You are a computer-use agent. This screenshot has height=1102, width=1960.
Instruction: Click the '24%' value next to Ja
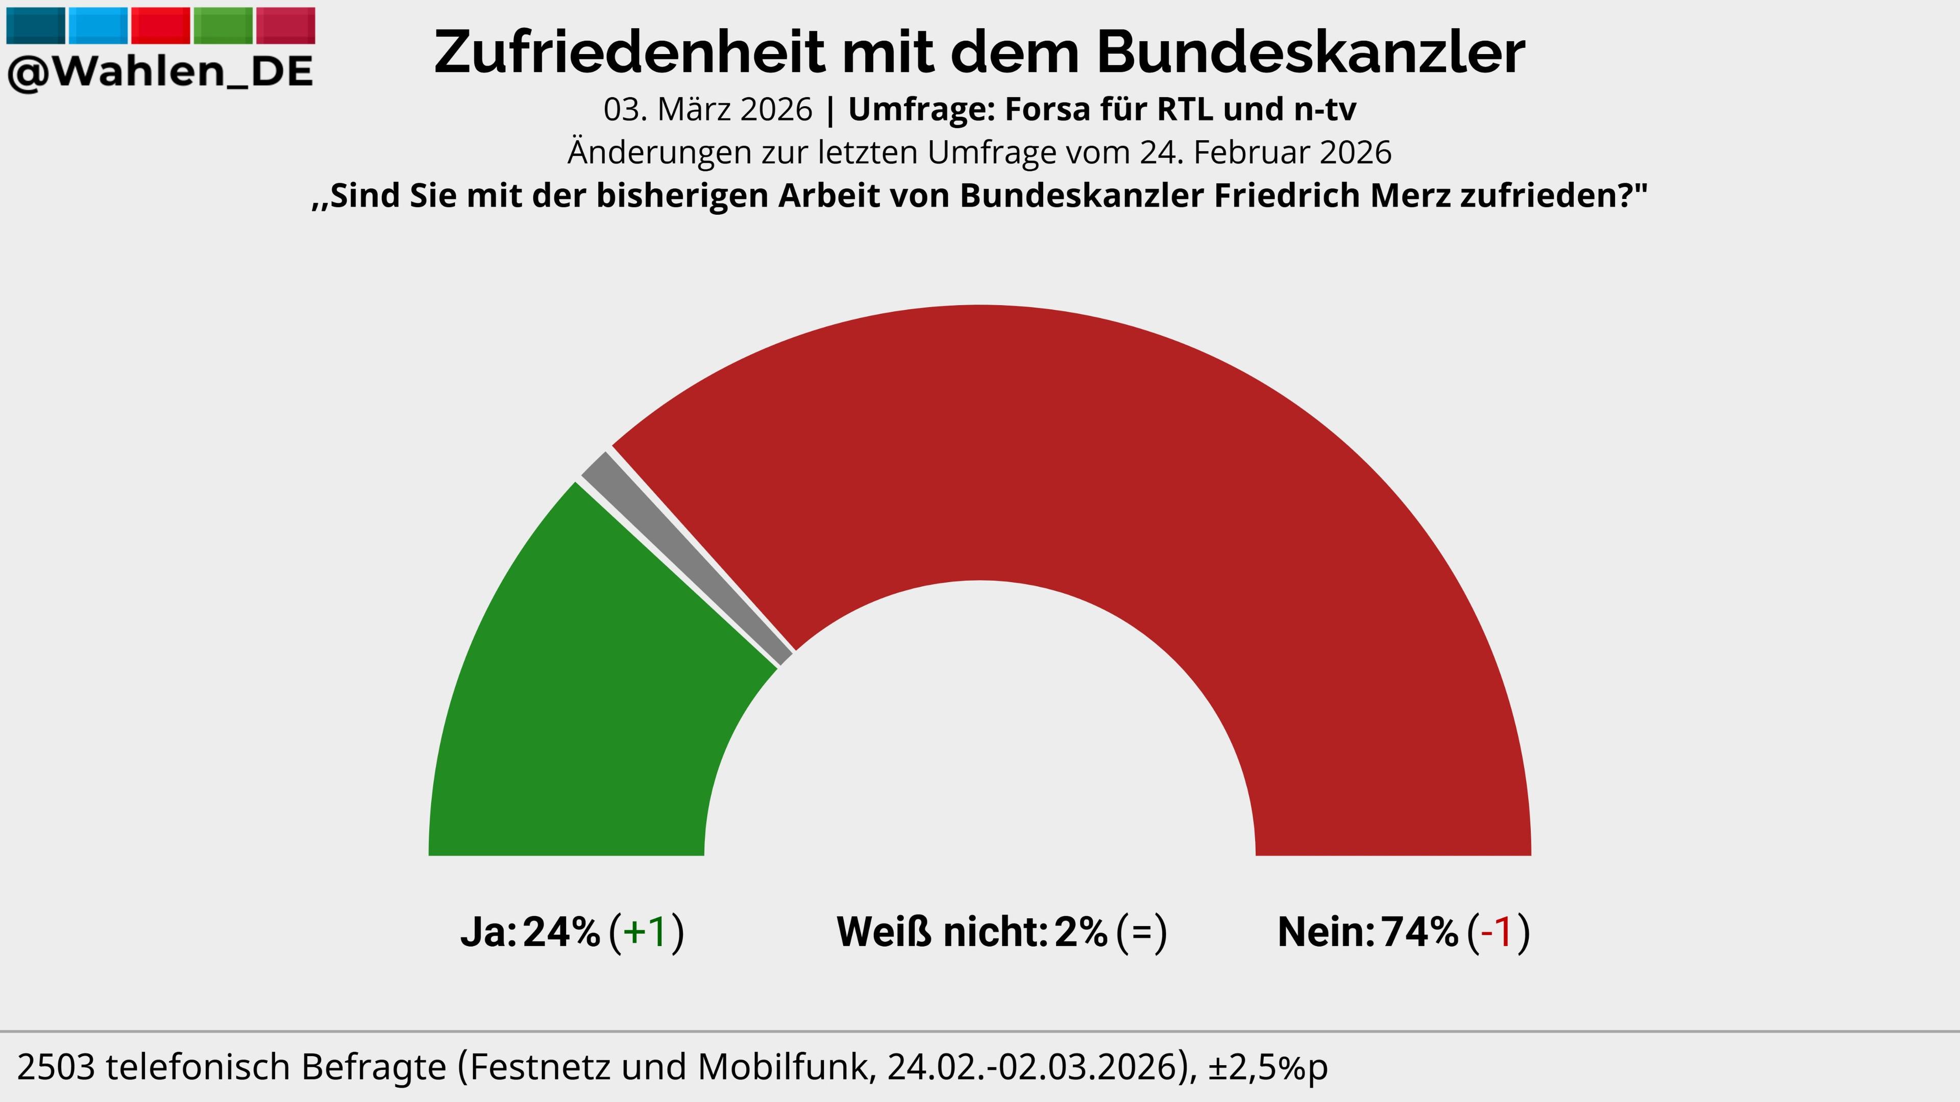click(561, 932)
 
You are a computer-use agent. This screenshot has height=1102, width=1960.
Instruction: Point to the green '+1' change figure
click(645, 932)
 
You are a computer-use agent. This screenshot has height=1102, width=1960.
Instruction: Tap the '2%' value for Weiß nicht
click(1081, 932)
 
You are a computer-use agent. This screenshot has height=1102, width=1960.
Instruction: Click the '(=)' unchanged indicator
click(1141, 932)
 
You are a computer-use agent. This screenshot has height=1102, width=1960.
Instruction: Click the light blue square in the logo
click(98, 25)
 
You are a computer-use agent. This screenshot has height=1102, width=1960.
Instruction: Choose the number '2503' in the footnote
click(56, 1067)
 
